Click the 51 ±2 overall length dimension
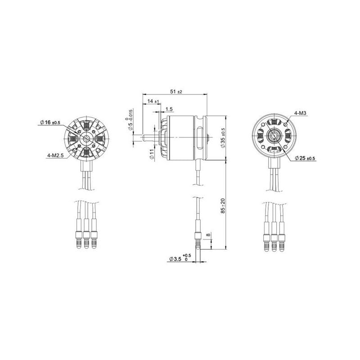176,91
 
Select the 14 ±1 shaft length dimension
153,102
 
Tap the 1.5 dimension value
170,109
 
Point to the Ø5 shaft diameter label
130,120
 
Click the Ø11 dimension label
152,155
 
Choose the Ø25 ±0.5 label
305,158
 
